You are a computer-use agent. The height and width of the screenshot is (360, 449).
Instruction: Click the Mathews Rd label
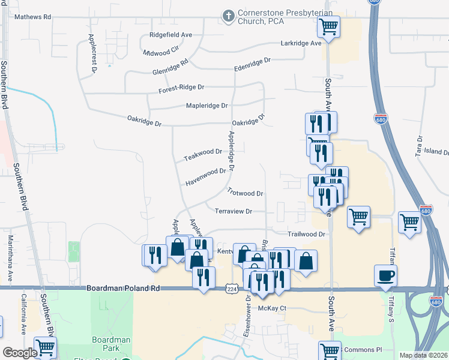coord(34,17)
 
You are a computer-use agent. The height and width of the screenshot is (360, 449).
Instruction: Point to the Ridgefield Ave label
coord(170,35)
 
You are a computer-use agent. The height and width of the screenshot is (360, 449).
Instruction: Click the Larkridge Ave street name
coord(301,43)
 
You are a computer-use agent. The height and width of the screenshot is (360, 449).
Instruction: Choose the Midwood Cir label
coord(162,52)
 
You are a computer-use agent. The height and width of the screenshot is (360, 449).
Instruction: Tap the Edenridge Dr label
coord(253,61)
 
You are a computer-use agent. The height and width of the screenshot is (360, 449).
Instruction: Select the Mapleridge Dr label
coord(207,106)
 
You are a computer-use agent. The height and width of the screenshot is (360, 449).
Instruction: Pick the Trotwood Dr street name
coord(246,193)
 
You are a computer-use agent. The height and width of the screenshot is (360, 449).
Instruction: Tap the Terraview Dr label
coord(233,211)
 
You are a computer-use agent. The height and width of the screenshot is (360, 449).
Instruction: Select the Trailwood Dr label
coord(306,234)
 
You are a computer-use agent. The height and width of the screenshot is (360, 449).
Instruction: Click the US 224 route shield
coord(232,289)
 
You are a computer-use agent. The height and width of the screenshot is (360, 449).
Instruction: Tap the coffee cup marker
coord(385,275)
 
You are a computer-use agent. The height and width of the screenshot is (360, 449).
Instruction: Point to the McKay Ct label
coord(273,308)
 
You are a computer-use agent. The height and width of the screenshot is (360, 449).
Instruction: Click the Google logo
coord(20,353)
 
